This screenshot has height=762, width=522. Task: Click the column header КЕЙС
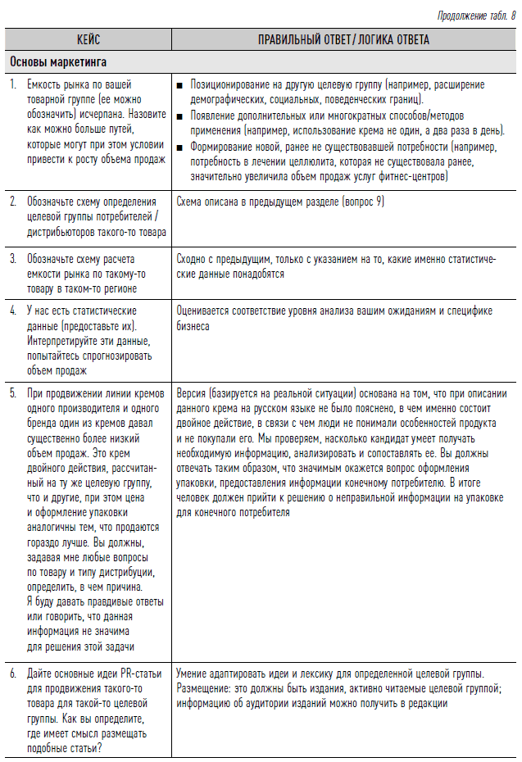[x=88, y=39]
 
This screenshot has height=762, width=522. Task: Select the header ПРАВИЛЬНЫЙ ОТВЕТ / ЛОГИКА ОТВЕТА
[x=343, y=39]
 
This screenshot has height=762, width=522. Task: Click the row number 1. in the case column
[x=13, y=84]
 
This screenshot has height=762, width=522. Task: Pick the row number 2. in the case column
[x=13, y=201]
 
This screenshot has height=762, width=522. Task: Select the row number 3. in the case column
[x=13, y=258]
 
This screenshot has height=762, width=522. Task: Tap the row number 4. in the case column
[x=13, y=311]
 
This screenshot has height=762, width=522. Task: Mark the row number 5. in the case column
[x=13, y=393]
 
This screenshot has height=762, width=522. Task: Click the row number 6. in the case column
[x=13, y=674]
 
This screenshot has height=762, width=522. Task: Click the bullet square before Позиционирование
[x=180, y=84]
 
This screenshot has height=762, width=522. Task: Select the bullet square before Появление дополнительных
[x=180, y=116]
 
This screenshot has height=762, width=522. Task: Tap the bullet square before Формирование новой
[x=180, y=147]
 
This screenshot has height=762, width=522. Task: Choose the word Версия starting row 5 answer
[x=192, y=393]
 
